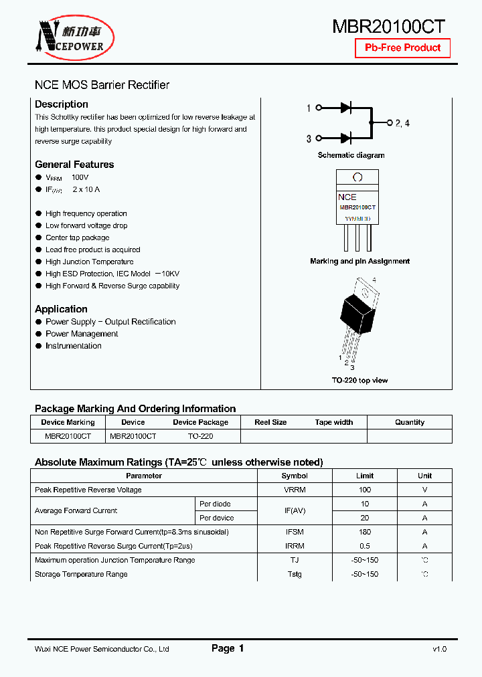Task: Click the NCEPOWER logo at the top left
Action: [72, 37]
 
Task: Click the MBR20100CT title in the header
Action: [389, 26]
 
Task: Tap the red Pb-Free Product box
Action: [402, 48]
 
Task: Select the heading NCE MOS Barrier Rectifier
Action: [102, 85]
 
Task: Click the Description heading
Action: [62, 104]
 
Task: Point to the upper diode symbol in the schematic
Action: [346, 108]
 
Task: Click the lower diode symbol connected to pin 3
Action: [346, 138]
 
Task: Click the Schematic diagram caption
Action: [351, 155]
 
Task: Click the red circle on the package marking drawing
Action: [357, 177]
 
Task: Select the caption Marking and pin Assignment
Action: [359, 262]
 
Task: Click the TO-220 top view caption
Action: [359, 381]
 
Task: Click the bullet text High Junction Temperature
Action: [89, 262]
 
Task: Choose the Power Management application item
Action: [82, 334]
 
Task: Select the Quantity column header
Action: [409, 422]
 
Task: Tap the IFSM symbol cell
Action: [295, 532]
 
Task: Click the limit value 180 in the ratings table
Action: [365, 532]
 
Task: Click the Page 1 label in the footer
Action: [228, 648]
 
